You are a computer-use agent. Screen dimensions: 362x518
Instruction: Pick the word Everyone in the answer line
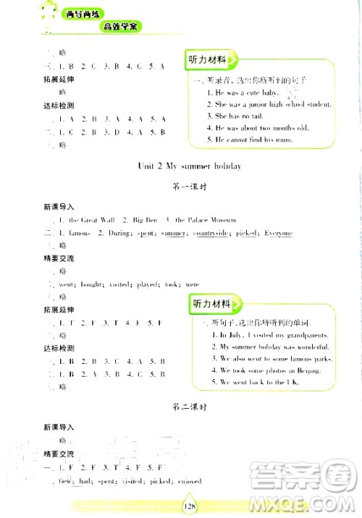point(277,233)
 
